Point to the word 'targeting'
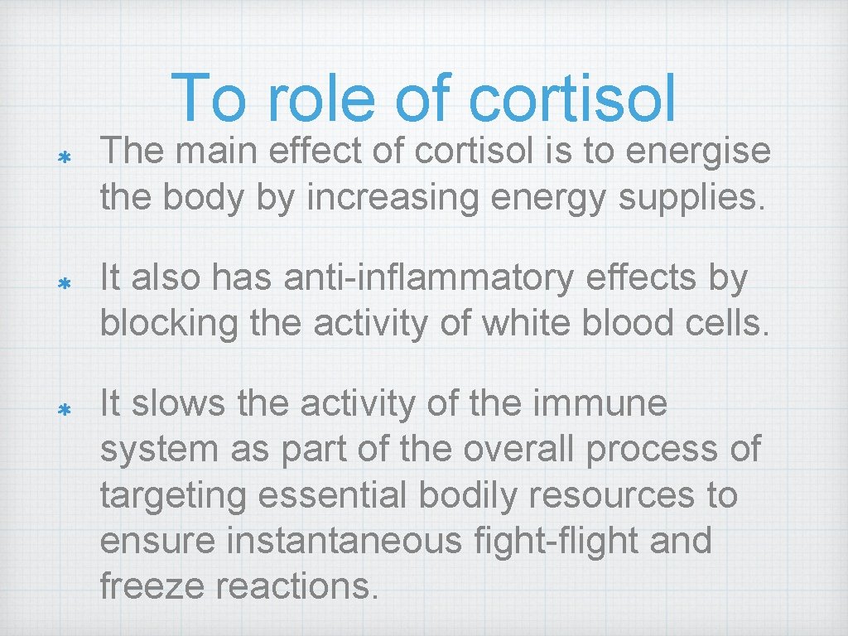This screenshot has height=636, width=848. (x=173, y=497)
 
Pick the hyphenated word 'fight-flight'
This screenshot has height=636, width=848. (x=570, y=542)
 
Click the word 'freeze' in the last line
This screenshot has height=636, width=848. (x=152, y=587)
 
